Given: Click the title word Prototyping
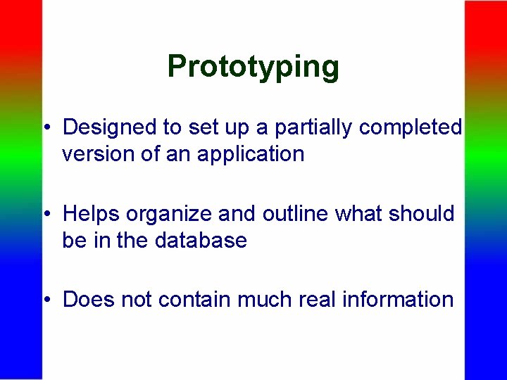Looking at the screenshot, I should pyautogui.click(x=254, y=67).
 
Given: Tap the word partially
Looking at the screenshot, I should pyautogui.click(x=315, y=127).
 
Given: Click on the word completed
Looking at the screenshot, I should pyautogui.click(x=410, y=127).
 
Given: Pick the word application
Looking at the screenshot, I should pyautogui.click(x=251, y=155).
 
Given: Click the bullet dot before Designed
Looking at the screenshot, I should pyautogui.click(x=46, y=128).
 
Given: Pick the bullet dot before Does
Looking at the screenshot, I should pyautogui.click(x=46, y=300).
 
